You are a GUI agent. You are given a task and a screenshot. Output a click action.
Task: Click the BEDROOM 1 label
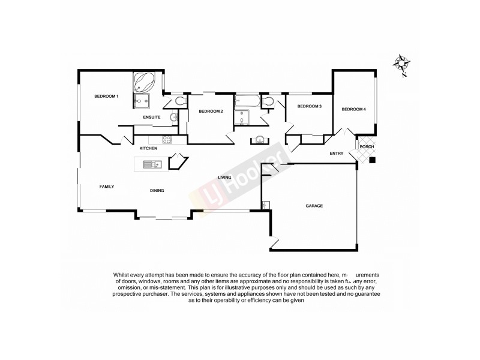point(106,97)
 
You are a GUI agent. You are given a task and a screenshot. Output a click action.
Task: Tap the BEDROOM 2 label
point(211,111)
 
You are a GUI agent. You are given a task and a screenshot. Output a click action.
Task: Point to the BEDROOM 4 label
point(353,109)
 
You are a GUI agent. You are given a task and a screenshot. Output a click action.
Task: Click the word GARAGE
point(314,206)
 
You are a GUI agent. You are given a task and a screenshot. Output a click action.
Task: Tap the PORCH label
point(367,147)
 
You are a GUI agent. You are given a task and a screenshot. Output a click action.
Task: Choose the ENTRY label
point(337,154)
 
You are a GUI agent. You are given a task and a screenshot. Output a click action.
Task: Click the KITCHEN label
point(148,148)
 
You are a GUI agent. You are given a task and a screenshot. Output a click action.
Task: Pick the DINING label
point(157,191)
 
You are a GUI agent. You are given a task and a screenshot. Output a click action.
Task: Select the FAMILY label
point(107,187)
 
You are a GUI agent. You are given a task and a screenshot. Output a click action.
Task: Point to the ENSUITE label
point(151,117)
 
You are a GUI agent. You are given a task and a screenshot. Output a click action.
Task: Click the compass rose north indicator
point(400,63)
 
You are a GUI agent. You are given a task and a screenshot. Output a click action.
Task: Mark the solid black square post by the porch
point(373,160)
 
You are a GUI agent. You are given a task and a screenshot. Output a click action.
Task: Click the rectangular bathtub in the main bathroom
point(246,100)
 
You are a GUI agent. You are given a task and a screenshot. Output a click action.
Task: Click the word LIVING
point(225,178)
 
